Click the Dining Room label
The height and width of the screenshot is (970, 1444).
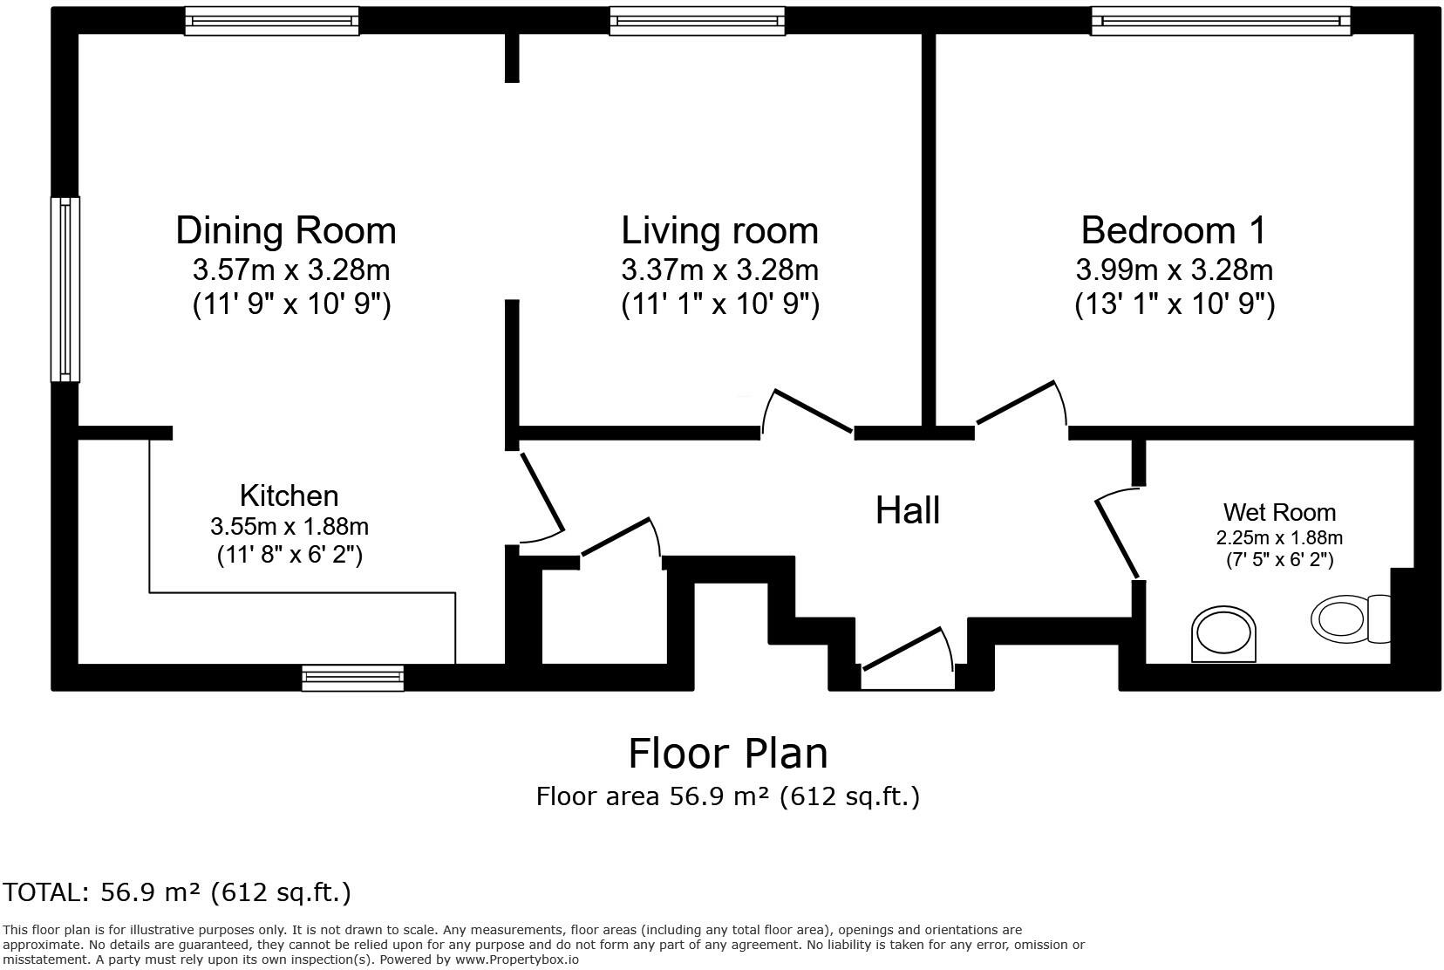click(x=286, y=230)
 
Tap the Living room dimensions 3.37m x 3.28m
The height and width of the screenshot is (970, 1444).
click(x=719, y=270)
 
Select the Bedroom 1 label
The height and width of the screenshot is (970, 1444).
click(x=1174, y=230)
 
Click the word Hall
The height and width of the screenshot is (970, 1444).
click(x=907, y=510)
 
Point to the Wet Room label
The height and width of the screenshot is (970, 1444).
click(x=1279, y=512)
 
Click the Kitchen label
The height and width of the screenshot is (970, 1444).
click(x=289, y=495)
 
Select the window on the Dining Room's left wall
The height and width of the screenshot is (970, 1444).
click(x=65, y=289)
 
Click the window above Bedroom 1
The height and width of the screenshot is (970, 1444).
click(x=1221, y=20)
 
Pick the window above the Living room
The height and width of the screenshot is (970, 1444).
click(x=697, y=20)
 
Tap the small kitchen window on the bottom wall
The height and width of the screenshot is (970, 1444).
click(x=352, y=678)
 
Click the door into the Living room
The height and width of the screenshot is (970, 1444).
click(x=809, y=411)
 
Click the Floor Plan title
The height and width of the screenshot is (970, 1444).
click(x=727, y=753)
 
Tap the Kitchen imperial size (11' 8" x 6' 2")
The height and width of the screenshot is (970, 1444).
click(x=289, y=555)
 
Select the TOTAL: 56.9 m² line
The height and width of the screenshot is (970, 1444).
click(x=177, y=892)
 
